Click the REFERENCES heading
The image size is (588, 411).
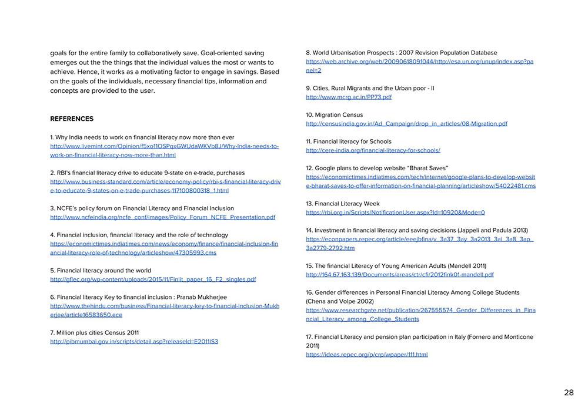point(72,119)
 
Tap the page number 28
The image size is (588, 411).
point(569,393)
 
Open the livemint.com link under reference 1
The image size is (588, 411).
point(164,146)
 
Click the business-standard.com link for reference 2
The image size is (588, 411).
point(165,182)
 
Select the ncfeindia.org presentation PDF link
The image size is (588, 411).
point(162,217)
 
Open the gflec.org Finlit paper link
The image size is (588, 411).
point(153,279)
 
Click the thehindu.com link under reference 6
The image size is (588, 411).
point(165,306)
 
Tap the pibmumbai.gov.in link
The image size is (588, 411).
point(134,342)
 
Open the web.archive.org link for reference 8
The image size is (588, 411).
point(419,62)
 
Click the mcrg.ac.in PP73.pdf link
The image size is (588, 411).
point(349,97)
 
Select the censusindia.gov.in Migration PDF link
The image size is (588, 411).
point(406,124)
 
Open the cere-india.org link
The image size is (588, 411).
point(373,150)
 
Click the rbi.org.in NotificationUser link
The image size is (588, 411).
point(395,213)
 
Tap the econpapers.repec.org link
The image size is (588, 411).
point(419,240)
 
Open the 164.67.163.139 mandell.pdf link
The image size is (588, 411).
point(400,275)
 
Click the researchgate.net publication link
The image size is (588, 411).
point(420,311)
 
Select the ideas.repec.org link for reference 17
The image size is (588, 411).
point(367,355)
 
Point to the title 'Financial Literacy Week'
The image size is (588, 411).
point(347,204)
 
